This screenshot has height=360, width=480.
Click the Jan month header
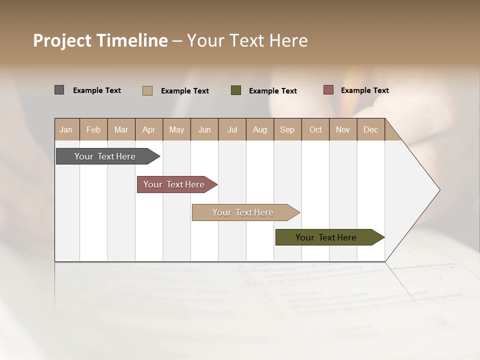(x=66, y=129)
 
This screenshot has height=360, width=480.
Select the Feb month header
(x=93, y=129)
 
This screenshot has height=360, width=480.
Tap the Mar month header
(x=121, y=129)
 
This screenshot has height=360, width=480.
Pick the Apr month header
(x=149, y=129)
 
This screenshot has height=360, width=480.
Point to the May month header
(x=176, y=129)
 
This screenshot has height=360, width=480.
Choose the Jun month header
(x=204, y=129)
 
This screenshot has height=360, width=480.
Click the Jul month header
(x=232, y=129)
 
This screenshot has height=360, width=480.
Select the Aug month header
(x=260, y=129)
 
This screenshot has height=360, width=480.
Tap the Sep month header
(x=287, y=129)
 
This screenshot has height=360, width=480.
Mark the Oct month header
(x=315, y=129)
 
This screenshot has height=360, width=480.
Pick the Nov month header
(x=343, y=129)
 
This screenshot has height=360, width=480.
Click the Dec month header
(x=371, y=129)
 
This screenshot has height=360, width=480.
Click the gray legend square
(x=59, y=90)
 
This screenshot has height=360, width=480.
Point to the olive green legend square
(x=236, y=90)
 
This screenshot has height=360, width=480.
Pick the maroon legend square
(x=328, y=90)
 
